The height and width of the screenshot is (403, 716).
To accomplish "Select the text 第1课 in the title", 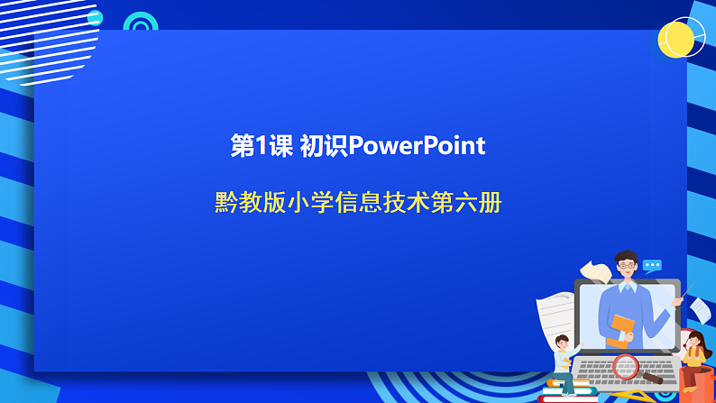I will [262, 146].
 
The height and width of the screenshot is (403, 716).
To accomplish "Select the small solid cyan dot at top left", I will [95, 18].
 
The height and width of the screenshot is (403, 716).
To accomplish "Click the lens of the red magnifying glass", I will [624, 366].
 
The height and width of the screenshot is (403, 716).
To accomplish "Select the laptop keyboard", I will [622, 371].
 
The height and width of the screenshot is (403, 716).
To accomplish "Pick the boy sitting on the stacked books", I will [564, 361].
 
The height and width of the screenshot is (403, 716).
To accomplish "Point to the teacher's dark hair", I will [625, 256].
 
